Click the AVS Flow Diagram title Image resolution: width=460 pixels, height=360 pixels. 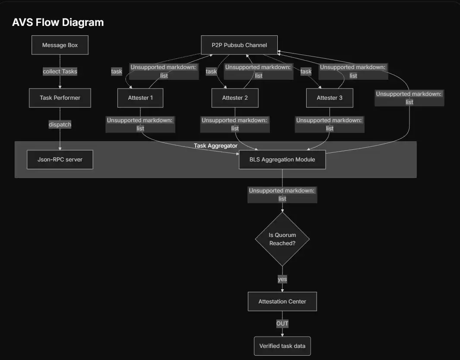(58, 22)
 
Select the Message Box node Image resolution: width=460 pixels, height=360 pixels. (60, 45)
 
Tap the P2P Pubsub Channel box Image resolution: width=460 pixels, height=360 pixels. (240, 45)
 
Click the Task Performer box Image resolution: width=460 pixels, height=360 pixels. (60, 98)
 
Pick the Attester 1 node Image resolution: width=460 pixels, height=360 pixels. (140, 98)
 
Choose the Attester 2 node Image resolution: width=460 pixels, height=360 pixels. (235, 98)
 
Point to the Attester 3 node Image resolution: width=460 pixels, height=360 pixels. (330, 98)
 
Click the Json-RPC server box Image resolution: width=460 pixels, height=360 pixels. (60, 159)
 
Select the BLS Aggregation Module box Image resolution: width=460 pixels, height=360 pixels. (282, 159)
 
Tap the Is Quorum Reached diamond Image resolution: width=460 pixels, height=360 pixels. (282, 239)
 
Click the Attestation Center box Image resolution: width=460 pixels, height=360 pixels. (282, 301)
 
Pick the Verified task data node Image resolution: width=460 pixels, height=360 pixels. (282, 346)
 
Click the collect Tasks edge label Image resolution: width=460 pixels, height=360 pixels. (60, 72)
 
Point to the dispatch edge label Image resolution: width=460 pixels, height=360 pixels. (60, 124)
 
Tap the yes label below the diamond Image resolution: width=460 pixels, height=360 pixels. (282, 279)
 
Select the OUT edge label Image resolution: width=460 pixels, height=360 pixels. (282, 323)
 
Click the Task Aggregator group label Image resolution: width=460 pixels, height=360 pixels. (216, 146)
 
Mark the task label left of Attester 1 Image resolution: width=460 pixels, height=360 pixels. (117, 72)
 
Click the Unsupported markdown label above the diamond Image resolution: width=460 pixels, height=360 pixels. (282, 195)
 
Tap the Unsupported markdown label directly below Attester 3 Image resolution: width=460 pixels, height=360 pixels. (330, 124)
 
